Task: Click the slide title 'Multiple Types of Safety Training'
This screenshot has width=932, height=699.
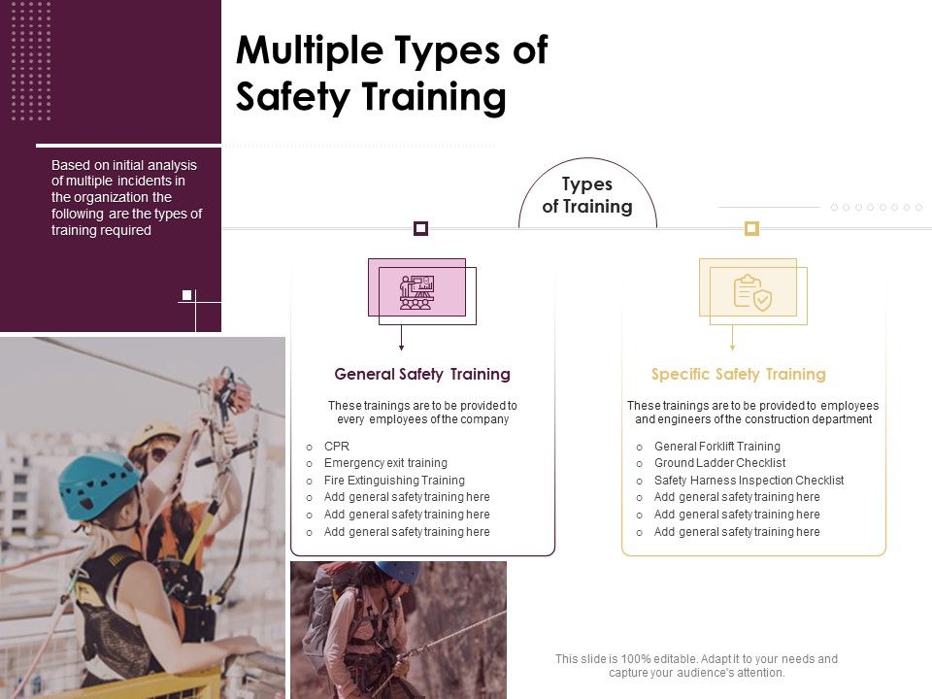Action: click(391, 74)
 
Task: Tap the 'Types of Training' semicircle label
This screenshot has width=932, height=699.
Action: click(586, 195)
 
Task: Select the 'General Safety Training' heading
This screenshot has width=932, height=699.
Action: click(422, 374)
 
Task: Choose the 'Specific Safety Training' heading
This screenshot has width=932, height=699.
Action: click(738, 374)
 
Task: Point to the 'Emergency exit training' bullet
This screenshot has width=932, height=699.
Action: click(385, 463)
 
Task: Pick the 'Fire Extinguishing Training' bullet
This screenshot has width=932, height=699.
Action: click(394, 481)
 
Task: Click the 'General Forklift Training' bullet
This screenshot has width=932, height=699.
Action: click(716, 447)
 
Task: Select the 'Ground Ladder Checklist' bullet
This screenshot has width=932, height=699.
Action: click(719, 463)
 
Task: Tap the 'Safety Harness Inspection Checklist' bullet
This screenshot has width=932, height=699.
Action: click(749, 481)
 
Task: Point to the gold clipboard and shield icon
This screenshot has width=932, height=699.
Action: click(752, 292)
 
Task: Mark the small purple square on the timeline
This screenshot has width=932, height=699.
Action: click(420, 228)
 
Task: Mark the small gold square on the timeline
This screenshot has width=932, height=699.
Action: click(750, 228)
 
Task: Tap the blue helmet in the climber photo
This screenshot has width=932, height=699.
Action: click(397, 572)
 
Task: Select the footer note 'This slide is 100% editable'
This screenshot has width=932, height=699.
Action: click(696, 665)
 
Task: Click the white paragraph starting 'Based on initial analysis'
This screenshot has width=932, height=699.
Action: click(126, 198)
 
